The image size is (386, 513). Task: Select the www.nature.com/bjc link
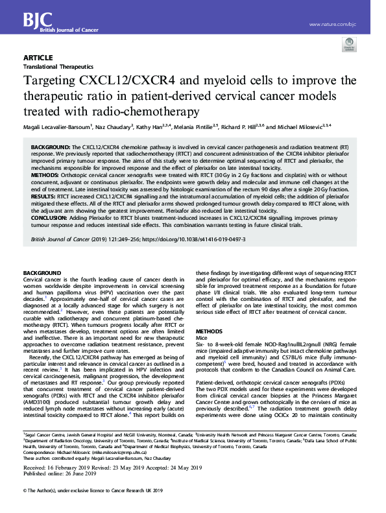pyautogui.click(x=333, y=25)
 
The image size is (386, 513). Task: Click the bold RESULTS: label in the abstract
pyautogui.click(x=44, y=195)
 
